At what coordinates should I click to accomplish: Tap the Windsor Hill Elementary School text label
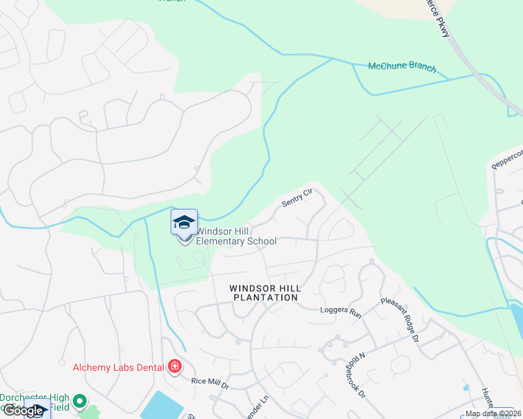(x=236, y=236)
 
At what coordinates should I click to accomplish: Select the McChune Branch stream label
(x=402, y=68)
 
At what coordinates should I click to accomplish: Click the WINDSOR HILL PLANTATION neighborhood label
(x=265, y=293)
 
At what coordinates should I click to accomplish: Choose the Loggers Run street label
(x=341, y=309)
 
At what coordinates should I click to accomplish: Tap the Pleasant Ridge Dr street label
(x=399, y=320)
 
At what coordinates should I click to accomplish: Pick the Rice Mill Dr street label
(x=210, y=382)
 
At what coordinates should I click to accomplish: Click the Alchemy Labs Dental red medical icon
(x=174, y=367)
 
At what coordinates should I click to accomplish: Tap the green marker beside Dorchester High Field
(x=80, y=402)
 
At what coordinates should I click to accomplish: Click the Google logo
(x=22, y=411)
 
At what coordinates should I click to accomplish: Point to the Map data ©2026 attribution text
(x=493, y=413)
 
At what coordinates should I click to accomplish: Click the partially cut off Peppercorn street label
(x=507, y=160)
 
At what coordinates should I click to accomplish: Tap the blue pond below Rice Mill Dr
(x=162, y=405)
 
